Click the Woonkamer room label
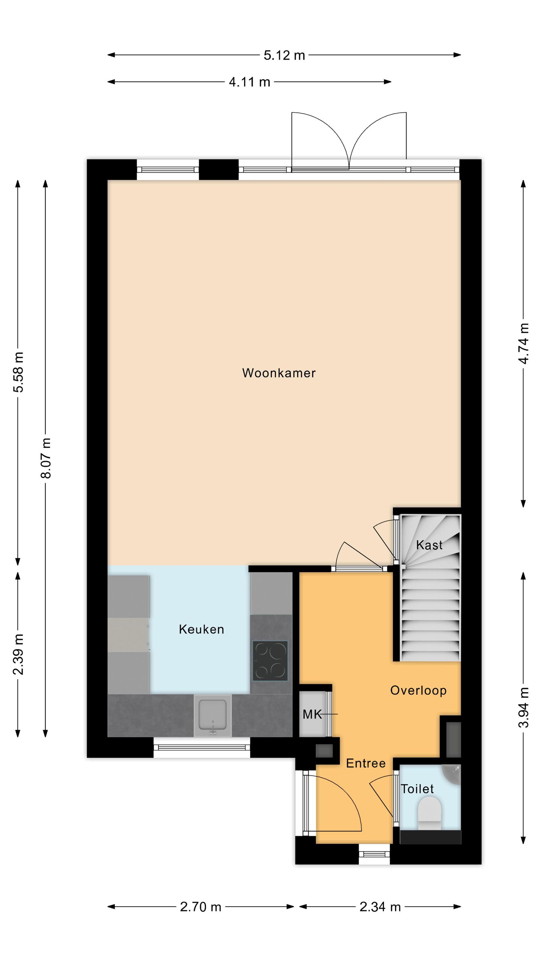tap(279, 373)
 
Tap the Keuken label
tap(201, 629)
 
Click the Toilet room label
tap(417, 789)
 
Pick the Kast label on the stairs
tap(429, 545)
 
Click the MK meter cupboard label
tap(312, 715)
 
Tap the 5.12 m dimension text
tap(284, 55)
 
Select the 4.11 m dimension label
tap(249, 82)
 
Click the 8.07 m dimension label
tap(46, 458)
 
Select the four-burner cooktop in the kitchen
tap(270, 661)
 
